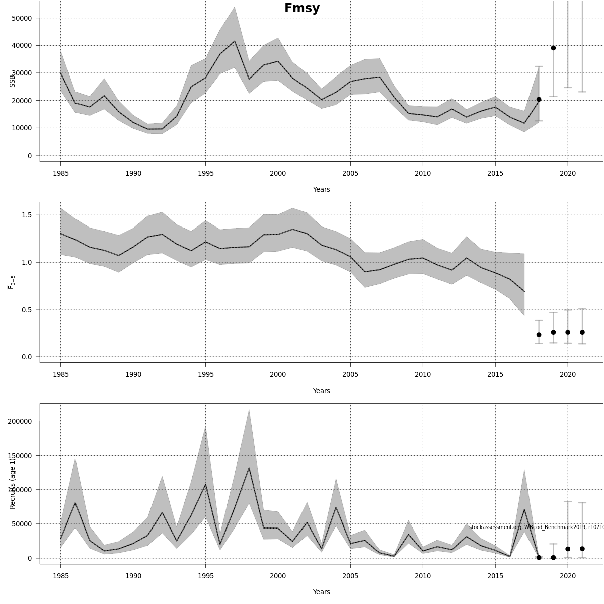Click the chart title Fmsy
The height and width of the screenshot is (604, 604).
coord(302,9)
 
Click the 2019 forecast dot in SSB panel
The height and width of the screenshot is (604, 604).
coord(553,48)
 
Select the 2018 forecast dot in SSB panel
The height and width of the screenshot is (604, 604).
coord(539,100)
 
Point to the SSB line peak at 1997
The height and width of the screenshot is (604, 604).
coord(235,41)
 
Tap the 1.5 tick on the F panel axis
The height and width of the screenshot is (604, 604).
coord(25,215)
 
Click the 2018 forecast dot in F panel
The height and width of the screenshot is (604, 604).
coord(539,335)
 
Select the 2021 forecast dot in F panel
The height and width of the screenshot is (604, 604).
coord(582,332)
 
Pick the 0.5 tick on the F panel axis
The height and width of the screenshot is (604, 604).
coord(25,310)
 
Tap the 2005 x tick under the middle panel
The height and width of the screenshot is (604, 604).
coord(350,374)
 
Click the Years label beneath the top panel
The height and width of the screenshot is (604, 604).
coord(321,190)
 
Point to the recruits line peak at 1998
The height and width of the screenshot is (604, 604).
coord(249,468)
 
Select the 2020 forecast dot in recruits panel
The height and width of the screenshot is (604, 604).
coord(568,549)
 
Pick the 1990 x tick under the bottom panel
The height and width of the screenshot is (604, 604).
coord(133,576)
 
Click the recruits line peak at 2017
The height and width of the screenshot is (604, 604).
coord(524,509)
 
